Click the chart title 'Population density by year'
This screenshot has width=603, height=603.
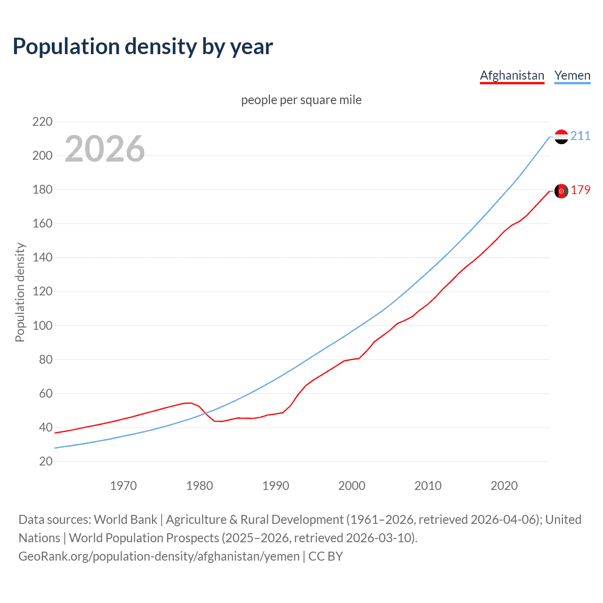[143, 47]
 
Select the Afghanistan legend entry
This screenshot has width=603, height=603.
[512, 75]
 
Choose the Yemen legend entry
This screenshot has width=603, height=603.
[572, 75]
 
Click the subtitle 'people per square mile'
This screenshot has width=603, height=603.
[301, 100]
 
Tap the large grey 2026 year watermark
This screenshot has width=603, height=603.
[105, 149]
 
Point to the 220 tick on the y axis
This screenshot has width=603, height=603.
[42, 122]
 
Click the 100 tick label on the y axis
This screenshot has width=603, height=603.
[42, 326]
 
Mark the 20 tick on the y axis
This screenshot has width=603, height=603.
[46, 461]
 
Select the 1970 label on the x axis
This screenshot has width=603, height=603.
[123, 486]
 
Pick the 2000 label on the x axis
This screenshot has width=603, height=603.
[352, 486]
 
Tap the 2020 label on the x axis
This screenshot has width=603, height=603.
[504, 486]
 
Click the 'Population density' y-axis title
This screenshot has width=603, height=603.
[20, 292]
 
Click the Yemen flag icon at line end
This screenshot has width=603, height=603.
[561, 137]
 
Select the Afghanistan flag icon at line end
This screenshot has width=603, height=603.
[561, 191]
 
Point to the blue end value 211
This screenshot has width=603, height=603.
[580, 136]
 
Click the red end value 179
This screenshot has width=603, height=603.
[580, 190]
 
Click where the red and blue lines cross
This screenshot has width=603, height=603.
[205, 413]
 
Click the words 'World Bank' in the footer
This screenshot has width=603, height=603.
[125, 520]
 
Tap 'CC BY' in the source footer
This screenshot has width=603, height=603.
[326, 556]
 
